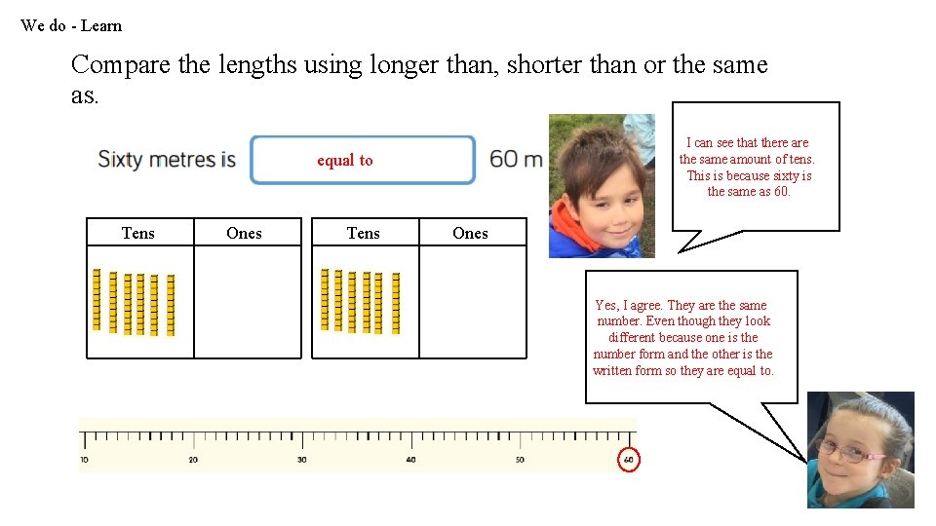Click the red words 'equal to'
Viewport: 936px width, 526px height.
pos(344,161)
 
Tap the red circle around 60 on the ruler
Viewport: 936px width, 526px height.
pos(629,460)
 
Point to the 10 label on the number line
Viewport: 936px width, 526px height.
pos(84,460)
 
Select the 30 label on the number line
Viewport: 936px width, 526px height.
pos(302,460)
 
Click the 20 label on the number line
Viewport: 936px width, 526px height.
pos(193,460)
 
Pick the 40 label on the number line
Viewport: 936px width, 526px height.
pos(410,460)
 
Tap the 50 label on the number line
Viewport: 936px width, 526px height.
pos(520,460)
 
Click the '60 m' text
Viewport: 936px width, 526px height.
pos(516,159)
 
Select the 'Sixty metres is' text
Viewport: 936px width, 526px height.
pos(167,159)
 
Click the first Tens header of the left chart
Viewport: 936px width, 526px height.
pos(138,233)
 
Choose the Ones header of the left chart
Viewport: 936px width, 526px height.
pos(244,233)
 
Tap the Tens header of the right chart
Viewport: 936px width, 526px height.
pos(364,233)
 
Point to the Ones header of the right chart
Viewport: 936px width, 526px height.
pos(470,233)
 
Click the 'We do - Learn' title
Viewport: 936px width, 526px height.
pos(71,26)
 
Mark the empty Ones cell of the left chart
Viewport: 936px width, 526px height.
pos(248,302)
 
